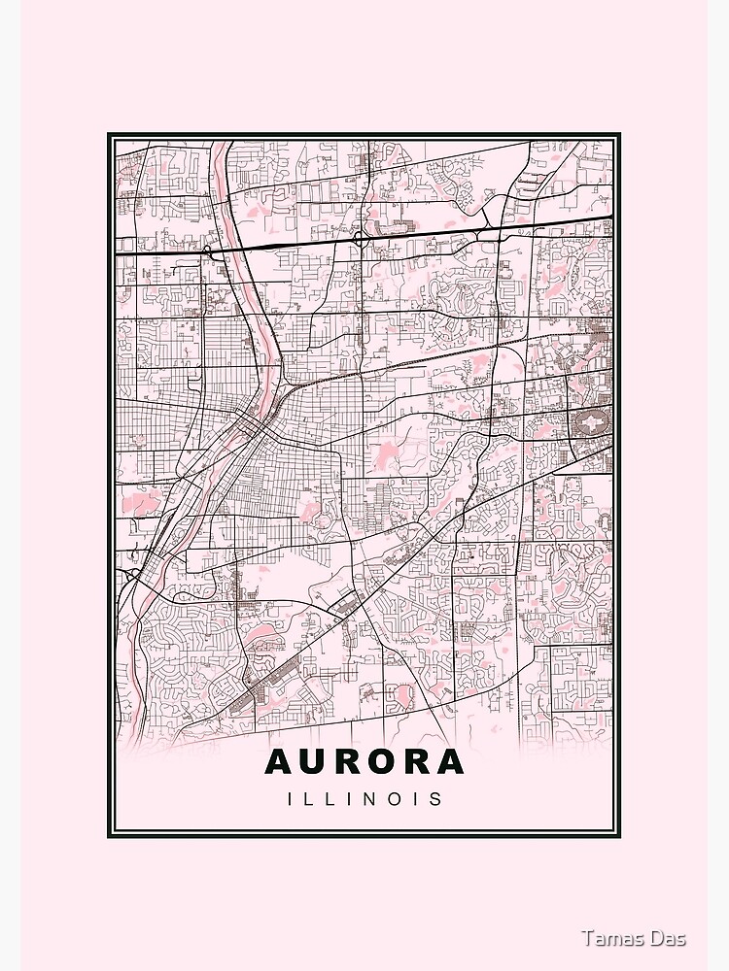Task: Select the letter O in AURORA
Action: pyautogui.click(x=382, y=762)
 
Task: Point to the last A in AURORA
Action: pyautogui.click(x=449, y=762)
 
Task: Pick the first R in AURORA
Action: pyautogui.click(x=348, y=762)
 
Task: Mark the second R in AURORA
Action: pyautogui.click(x=416, y=762)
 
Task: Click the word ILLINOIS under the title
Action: pyautogui.click(x=364, y=799)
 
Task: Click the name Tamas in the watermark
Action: pyautogui.click(x=610, y=938)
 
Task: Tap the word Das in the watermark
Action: pyautogui.click(x=669, y=938)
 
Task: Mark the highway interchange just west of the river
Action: pyautogui.click(x=208, y=251)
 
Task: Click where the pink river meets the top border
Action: pyautogui.click(x=222, y=142)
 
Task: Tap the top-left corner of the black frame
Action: pyautogui.click(x=109, y=135)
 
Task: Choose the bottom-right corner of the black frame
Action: pyautogui.click(x=620, y=836)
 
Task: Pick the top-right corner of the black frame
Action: pyautogui.click(x=620, y=135)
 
